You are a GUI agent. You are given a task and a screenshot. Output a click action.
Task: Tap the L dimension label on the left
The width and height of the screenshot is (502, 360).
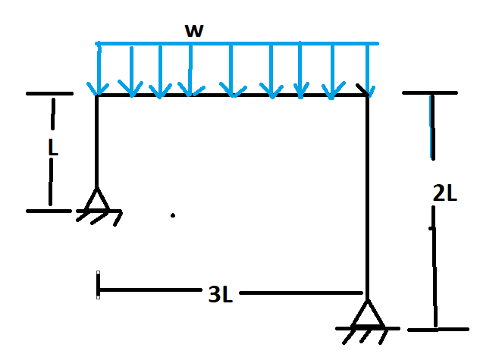(x=52, y=149)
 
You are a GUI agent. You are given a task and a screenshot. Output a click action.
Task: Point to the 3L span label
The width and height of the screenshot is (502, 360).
(x=220, y=294)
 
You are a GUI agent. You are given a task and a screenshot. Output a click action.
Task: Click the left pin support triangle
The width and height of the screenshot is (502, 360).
(x=96, y=200)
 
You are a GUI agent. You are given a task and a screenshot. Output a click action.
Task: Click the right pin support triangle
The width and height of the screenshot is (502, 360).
(x=368, y=313)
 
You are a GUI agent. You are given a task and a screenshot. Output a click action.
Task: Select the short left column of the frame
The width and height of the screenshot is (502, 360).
(x=96, y=140)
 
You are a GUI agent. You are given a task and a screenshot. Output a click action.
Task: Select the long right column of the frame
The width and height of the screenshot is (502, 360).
(x=368, y=197)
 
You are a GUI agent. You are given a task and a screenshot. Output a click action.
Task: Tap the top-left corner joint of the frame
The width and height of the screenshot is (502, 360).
(x=96, y=95)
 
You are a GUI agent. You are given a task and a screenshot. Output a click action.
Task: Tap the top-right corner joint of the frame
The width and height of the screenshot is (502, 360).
(x=368, y=95)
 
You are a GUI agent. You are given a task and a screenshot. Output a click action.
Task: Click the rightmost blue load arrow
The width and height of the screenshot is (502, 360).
(x=369, y=68)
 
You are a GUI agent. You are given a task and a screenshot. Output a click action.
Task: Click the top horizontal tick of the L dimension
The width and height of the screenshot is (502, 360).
(x=49, y=93)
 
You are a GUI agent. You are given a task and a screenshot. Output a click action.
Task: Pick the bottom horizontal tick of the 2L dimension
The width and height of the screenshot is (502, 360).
(x=438, y=330)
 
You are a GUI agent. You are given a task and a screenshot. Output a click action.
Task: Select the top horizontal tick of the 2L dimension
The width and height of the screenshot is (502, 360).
(x=430, y=92)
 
